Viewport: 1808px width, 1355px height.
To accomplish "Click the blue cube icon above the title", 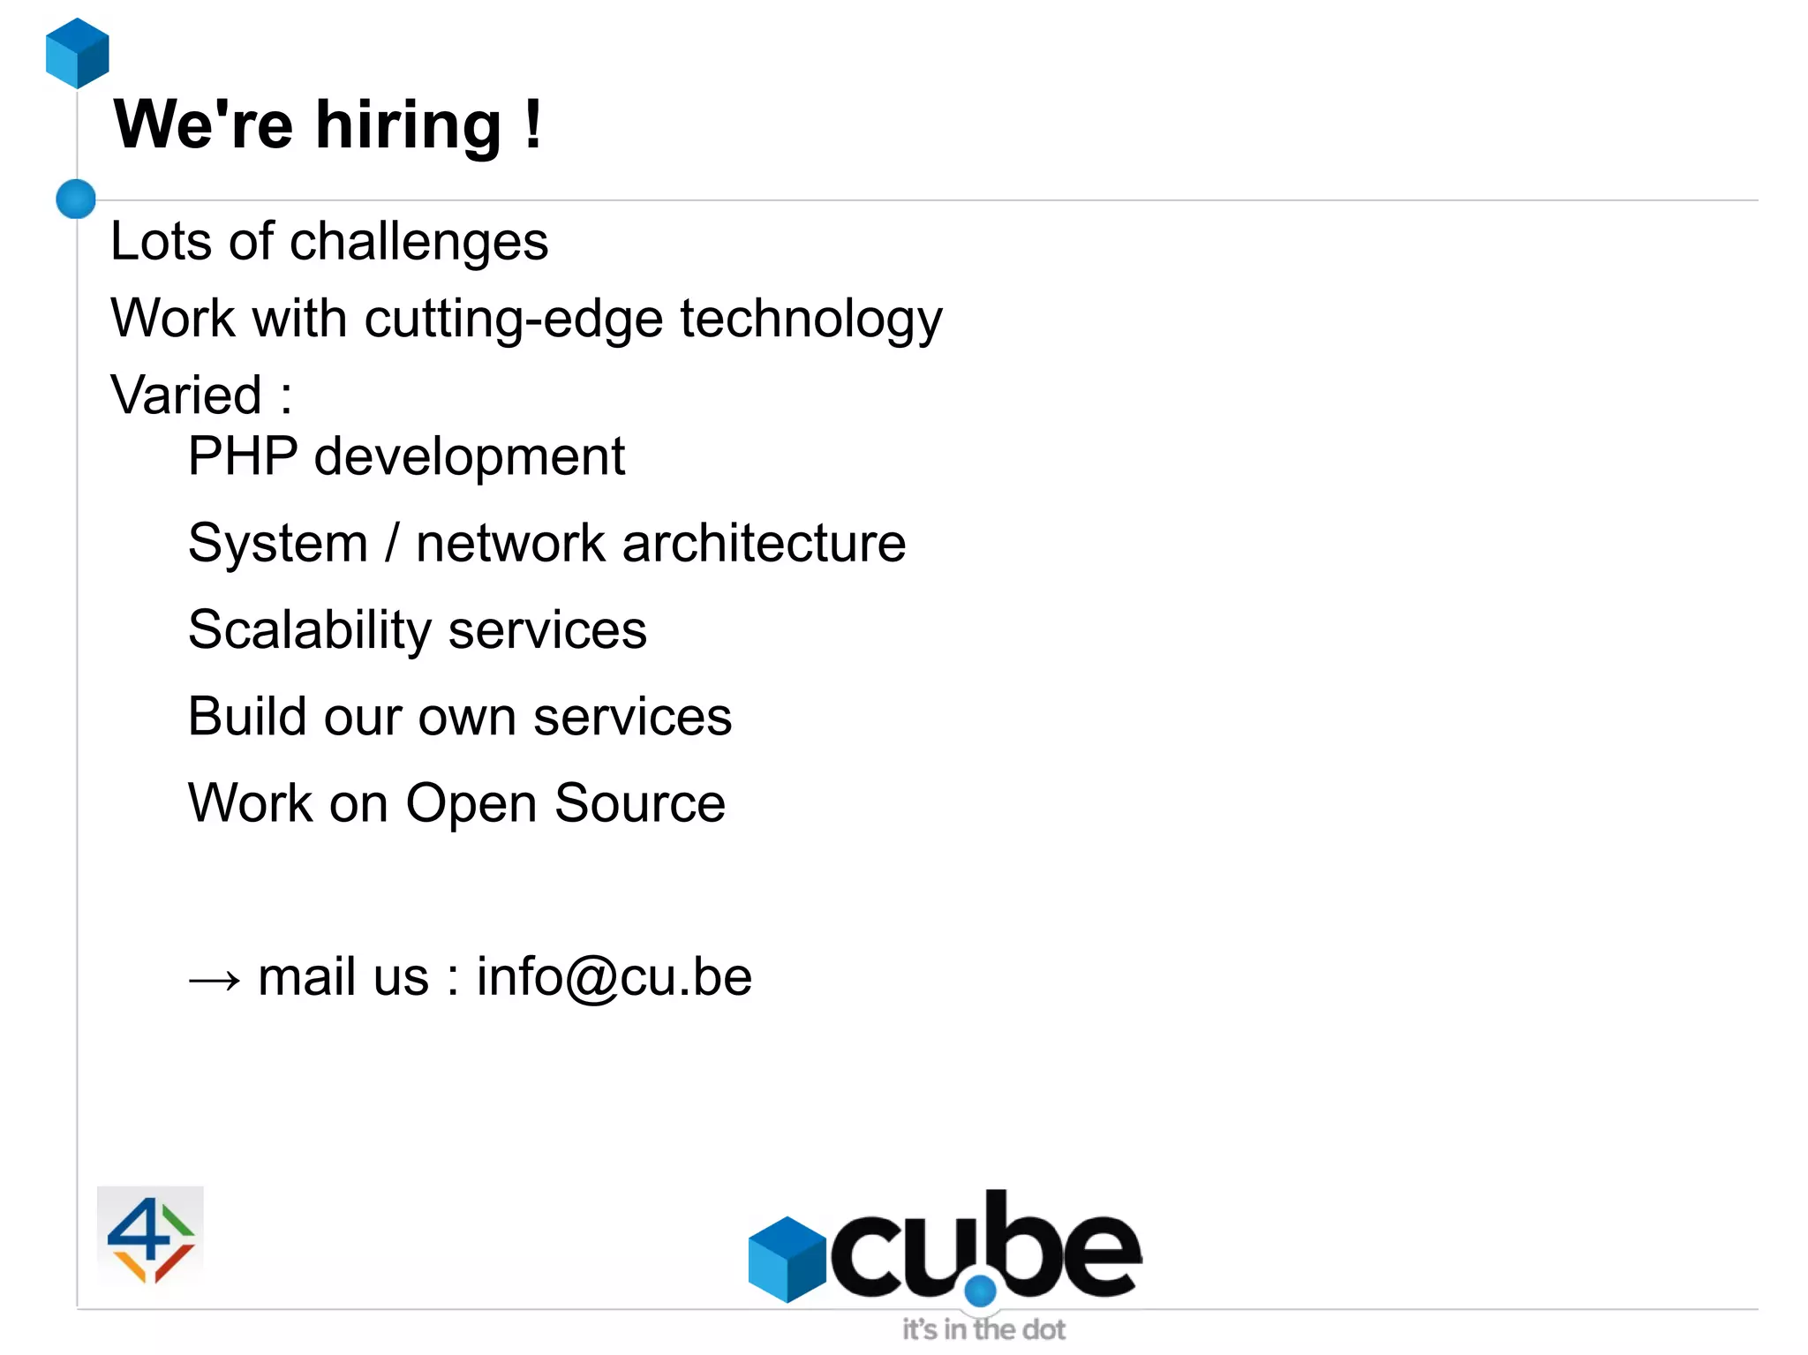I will point(78,53).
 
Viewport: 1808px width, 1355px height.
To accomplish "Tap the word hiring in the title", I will point(408,125).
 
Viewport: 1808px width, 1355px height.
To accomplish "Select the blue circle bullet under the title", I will point(76,199).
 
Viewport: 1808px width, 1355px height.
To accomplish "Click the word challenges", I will point(418,242).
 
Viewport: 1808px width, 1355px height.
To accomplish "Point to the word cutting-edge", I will point(513,319).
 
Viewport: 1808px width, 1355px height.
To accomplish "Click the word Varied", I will point(186,395).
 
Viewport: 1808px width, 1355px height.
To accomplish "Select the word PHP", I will point(243,456).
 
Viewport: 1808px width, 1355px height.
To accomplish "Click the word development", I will point(469,458).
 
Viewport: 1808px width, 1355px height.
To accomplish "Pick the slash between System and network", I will point(392,542).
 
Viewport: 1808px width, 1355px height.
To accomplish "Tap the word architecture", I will point(764,543).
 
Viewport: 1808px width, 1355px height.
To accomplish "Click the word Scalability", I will point(309,630).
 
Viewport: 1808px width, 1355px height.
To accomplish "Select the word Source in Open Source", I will point(640,803).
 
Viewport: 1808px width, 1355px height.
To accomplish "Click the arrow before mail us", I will point(215,979).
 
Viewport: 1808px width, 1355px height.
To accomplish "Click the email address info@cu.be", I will point(614,977).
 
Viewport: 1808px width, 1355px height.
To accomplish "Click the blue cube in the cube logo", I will point(787,1259).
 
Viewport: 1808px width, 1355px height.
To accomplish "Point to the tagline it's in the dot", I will point(983,1329).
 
